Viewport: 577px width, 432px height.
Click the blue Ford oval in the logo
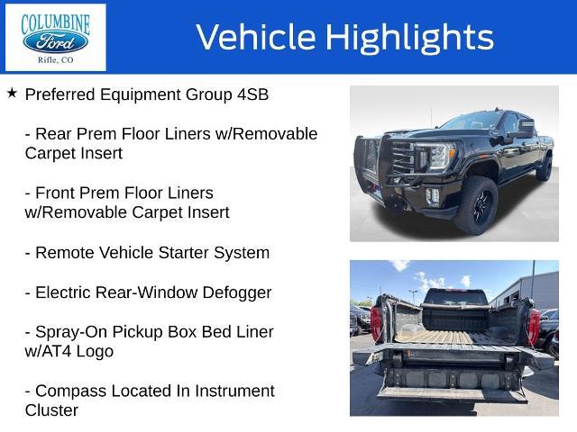(x=55, y=42)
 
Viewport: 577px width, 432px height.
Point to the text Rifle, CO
(x=56, y=60)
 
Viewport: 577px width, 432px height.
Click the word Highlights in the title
(x=409, y=38)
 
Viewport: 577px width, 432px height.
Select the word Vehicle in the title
(x=256, y=37)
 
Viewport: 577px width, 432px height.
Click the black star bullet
(x=12, y=93)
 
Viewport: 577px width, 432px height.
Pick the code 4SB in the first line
(x=252, y=94)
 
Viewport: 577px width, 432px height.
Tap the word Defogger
(x=237, y=293)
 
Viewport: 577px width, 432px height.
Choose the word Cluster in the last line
(x=51, y=410)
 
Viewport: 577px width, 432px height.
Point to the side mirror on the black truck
(x=519, y=130)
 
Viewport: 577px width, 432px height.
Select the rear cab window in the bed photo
(x=456, y=298)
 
